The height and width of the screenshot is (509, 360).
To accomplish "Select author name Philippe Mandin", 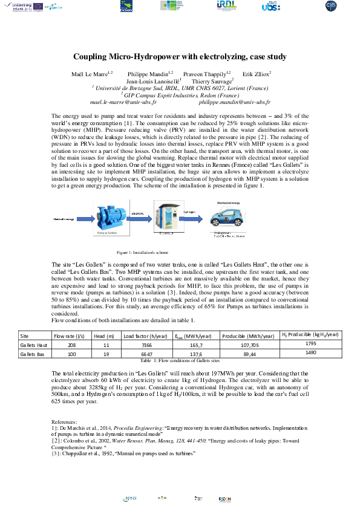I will tap(155, 73).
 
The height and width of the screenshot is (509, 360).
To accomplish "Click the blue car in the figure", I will tap(224, 216).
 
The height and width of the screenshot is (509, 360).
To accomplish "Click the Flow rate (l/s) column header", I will tap(68, 336).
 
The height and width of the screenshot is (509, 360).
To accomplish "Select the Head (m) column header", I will tap(102, 336).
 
